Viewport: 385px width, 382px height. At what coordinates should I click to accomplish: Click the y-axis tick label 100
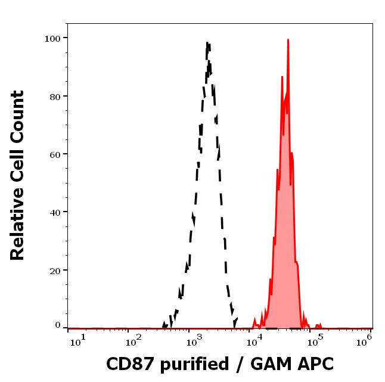(x=52, y=38)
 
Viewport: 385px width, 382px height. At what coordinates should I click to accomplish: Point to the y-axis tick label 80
(x=55, y=96)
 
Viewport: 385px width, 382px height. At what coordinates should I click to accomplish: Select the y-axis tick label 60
(x=55, y=154)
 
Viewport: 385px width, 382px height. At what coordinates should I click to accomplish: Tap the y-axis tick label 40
(x=55, y=212)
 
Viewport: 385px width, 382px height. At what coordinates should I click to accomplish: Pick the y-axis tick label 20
(x=55, y=269)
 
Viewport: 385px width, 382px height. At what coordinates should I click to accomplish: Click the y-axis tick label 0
(x=58, y=325)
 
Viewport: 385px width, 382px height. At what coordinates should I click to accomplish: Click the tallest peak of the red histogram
(x=288, y=40)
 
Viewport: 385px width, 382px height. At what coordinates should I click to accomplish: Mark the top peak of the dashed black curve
(x=207, y=43)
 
